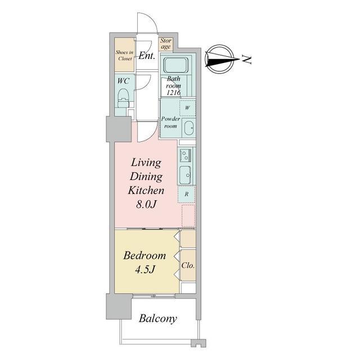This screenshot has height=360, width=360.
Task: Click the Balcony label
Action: click(158, 319)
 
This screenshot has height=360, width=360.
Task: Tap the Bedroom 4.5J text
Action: click(145, 263)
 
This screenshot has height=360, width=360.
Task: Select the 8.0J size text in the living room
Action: click(146, 204)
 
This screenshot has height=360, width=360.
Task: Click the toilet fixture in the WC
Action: click(123, 98)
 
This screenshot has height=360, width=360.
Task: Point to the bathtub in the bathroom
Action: click(176, 65)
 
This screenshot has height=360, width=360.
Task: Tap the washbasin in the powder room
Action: click(189, 128)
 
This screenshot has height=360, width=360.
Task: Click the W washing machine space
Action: click(187, 107)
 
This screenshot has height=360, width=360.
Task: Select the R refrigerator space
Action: click(186, 194)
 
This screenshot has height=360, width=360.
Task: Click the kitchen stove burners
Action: click(185, 155)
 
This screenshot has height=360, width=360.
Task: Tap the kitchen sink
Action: click(185, 175)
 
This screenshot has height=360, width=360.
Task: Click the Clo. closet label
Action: click(188, 265)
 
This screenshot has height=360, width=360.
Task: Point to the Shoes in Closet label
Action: click(124, 55)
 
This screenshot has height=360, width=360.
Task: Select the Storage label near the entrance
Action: click(166, 44)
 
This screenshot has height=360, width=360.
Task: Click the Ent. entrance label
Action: click(146, 56)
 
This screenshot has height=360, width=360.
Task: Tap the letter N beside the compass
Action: click(247, 60)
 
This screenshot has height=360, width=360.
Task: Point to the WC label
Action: click(123, 81)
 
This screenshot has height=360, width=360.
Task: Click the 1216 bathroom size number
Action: click(173, 93)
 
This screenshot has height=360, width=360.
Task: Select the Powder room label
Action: click(170, 123)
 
